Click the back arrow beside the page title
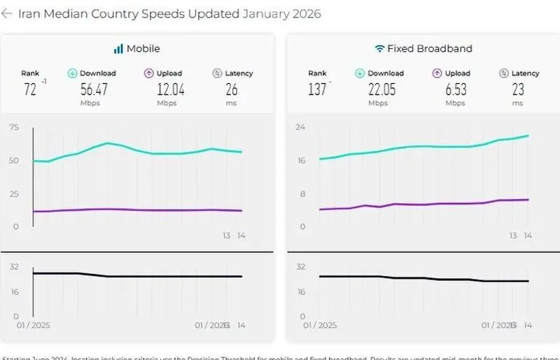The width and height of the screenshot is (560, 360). tap(7, 14)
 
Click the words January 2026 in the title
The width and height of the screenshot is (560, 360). tap(281, 14)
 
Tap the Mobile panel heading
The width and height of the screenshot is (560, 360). tap(143, 49)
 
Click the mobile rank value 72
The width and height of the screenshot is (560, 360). tap(29, 89)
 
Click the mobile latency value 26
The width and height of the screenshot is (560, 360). tap(232, 89)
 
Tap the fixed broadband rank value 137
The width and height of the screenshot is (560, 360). tap(317, 89)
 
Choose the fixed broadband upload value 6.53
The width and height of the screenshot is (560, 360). tap(454, 89)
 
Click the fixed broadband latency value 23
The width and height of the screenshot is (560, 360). tap(517, 89)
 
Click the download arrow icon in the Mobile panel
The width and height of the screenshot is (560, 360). tap(72, 73)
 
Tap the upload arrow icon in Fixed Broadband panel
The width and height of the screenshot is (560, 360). tap(437, 73)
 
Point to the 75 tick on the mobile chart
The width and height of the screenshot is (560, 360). tap(14, 127)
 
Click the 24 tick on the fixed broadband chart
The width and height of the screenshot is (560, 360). tap(301, 127)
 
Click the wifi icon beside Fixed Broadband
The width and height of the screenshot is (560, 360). tap(380, 49)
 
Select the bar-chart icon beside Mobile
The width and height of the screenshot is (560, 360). tap(118, 49)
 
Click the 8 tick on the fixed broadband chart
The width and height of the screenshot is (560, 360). tap(303, 194)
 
